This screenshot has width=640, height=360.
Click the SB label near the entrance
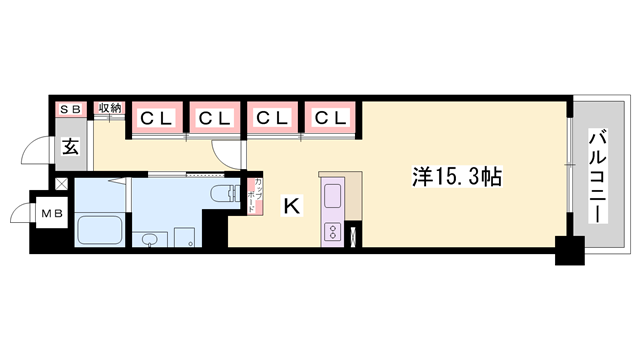pyautogui.click(x=71, y=108)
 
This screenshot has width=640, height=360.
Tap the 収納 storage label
pyautogui.click(x=109, y=108)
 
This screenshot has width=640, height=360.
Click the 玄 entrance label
pyautogui.click(x=71, y=146)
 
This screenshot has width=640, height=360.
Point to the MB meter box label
pyautogui.click(x=48, y=212)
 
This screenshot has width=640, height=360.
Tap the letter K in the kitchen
pyautogui.click(x=291, y=207)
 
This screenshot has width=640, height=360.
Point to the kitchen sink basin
pyautogui.click(x=332, y=194)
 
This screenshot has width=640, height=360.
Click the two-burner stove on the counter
pyautogui.click(x=331, y=232)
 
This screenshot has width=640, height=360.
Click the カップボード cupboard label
pyautogui.click(x=258, y=195)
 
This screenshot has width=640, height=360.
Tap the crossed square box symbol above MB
pyautogui.click(x=61, y=184)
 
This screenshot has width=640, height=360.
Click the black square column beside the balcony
pyautogui.click(x=569, y=251)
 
